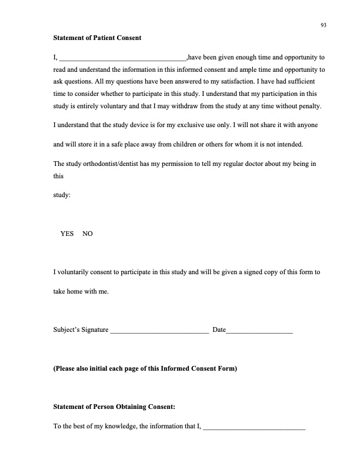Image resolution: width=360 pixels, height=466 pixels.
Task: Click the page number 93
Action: click(324, 25)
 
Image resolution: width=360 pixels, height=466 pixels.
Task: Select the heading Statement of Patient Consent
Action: click(97, 38)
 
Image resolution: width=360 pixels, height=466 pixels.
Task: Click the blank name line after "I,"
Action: click(123, 58)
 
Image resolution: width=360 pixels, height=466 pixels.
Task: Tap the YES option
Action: click(67, 234)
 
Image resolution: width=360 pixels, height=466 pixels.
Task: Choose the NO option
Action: click(88, 234)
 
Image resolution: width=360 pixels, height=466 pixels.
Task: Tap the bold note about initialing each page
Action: click(145, 369)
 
